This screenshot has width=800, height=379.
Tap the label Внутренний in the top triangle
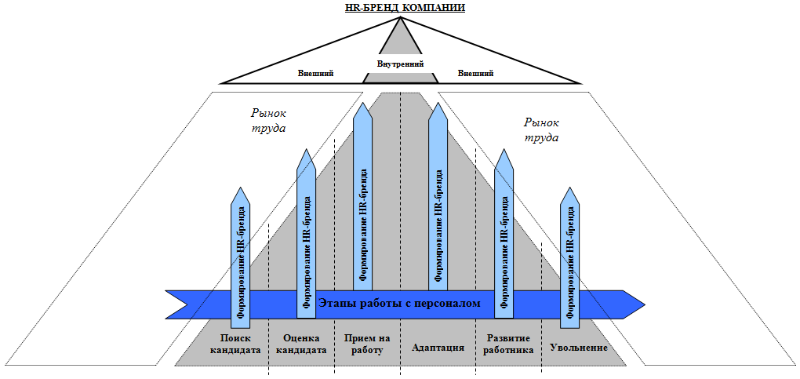tap(400, 64)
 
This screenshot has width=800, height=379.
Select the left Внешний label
tap(316, 73)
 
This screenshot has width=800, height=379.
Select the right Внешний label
tap(475, 73)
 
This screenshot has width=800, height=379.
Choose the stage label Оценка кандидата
tap(302, 344)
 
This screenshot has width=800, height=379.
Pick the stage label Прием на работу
tap(366, 344)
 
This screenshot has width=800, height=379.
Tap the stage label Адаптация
tap(438, 346)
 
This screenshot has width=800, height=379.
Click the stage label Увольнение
tap(580, 346)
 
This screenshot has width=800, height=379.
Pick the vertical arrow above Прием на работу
tap(362, 196)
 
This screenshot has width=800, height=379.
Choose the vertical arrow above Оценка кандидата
tap(306, 228)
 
